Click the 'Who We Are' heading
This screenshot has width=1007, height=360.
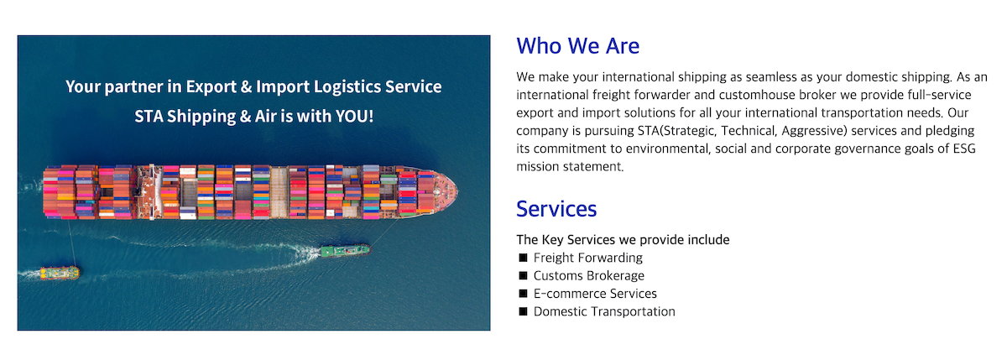(577, 46)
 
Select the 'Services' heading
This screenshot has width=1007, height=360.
(556, 209)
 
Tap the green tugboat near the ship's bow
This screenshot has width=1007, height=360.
(345, 250)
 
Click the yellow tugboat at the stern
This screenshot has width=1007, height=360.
(60, 273)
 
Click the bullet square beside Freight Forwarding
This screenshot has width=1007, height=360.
(523, 258)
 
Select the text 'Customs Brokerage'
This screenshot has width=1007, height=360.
(589, 275)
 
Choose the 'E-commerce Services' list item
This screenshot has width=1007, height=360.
(595, 294)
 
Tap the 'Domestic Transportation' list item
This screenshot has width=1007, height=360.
(604, 311)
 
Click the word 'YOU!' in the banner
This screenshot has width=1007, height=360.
(354, 116)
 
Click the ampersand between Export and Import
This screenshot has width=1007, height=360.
(246, 86)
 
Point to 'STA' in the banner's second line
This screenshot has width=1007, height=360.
(149, 116)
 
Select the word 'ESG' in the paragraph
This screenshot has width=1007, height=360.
(964, 149)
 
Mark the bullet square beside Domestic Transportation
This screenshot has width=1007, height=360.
(523, 311)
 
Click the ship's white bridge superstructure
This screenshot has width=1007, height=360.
(150, 192)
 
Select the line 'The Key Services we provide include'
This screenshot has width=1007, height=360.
(623, 239)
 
